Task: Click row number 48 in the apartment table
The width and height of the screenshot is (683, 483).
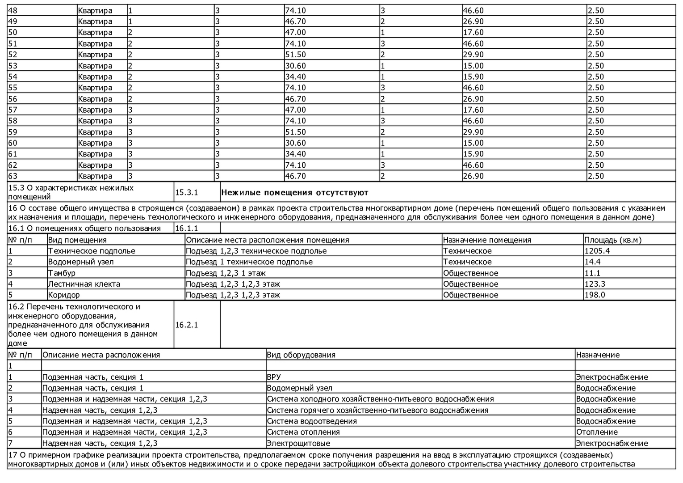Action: (x=13, y=11)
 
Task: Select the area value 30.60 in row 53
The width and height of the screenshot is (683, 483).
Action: (x=295, y=66)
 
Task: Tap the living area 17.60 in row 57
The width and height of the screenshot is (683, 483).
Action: (x=473, y=110)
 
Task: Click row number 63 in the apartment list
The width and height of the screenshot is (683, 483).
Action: (x=13, y=176)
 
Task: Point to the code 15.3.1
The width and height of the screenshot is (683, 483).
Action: (x=186, y=193)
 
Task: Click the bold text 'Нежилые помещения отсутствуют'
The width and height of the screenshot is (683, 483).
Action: (x=295, y=193)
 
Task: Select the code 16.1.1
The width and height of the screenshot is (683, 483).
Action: (x=186, y=229)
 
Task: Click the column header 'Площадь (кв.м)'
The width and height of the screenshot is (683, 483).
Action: (x=613, y=240)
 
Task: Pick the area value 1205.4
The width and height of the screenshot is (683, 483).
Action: (x=597, y=251)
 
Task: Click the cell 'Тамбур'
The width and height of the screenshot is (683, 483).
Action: (x=62, y=273)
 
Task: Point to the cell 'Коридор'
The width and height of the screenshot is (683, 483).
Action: (x=64, y=295)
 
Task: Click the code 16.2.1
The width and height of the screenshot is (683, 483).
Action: (x=186, y=325)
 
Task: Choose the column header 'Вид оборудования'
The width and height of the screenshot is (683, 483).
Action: (x=301, y=355)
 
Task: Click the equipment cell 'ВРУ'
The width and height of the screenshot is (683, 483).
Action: (x=274, y=377)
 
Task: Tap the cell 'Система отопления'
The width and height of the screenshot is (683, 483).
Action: (x=303, y=432)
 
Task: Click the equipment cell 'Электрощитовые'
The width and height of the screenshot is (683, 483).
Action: (x=298, y=443)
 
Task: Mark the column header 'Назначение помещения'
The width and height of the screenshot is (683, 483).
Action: (x=487, y=240)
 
